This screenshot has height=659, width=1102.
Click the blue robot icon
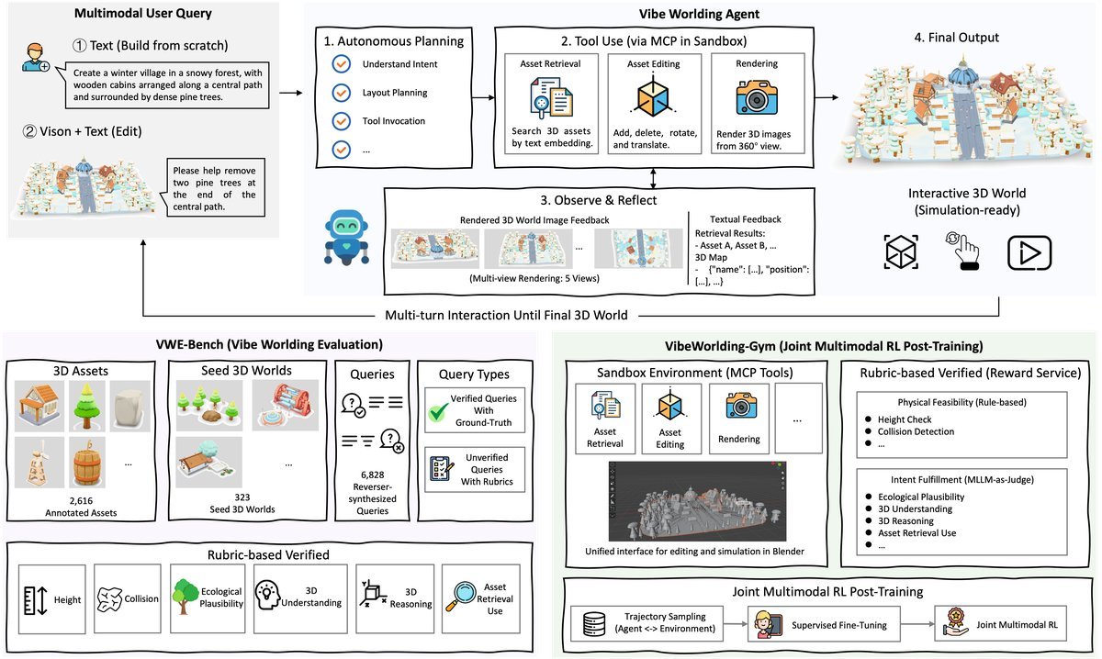tap(347, 237)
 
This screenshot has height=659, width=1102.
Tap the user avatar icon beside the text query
tap(36, 58)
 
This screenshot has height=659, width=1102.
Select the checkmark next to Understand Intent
tap(341, 64)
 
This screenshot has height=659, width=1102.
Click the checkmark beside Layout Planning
tap(341, 93)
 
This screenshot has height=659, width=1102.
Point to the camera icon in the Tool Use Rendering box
tap(757, 98)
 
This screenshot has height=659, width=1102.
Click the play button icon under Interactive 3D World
tap(1029, 252)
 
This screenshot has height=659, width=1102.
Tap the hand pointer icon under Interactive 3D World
tap(963, 251)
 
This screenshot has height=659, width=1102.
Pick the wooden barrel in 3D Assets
tap(86, 463)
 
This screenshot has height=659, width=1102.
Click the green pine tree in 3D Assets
tap(86, 406)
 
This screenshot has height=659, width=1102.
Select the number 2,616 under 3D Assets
tap(81, 500)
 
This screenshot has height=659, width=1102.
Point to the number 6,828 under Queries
tap(373, 475)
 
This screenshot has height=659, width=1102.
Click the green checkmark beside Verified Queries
tap(438, 412)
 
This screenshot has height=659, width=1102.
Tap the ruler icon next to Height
tap(36, 600)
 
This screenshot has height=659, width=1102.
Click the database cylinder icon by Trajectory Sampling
tap(594, 623)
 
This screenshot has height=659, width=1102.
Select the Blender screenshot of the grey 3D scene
tap(697, 501)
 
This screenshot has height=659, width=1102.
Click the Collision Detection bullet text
tap(916, 431)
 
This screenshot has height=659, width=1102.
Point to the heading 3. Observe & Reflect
tap(598, 200)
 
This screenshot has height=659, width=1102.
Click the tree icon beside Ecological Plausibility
tap(185, 596)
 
